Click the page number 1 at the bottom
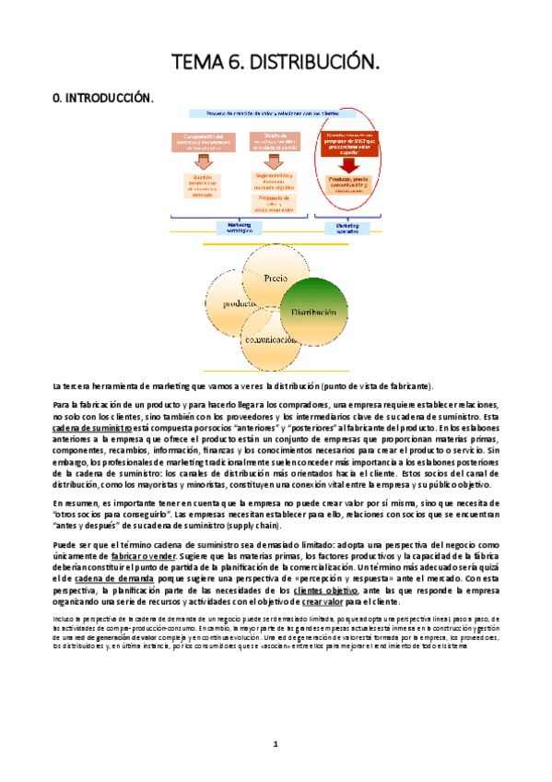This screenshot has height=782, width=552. click(x=276, y=743)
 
